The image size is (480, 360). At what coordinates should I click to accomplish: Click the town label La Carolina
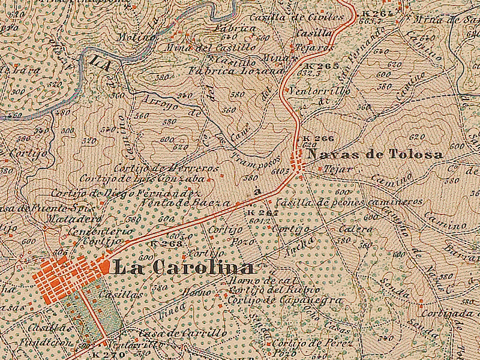coord(183,268)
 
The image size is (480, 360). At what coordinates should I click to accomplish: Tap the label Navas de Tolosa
coord(375,155)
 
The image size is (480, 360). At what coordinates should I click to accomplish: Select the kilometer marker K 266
coord(314,138)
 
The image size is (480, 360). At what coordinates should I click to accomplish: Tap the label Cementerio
coord(100,231)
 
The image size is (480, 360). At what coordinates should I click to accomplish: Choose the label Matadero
coord(64,218)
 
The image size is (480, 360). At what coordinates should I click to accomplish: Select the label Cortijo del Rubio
coord(260,290)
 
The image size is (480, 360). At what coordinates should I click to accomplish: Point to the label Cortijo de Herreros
coord(166,169)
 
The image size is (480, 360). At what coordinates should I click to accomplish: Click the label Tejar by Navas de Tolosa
coord(338,170)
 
